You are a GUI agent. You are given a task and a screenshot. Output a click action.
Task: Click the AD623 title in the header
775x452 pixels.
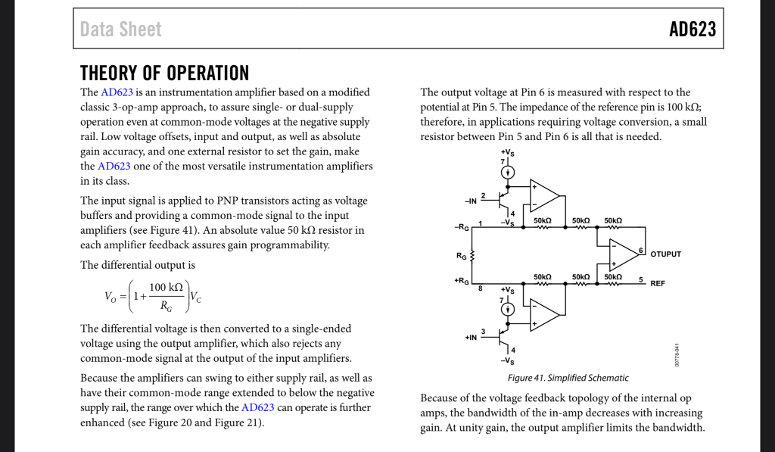click(x=692, y=30)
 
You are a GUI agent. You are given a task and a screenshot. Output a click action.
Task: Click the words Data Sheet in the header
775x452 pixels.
click(x=121, y=30)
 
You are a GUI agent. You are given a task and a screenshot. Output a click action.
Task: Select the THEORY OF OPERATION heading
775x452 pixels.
click(x=164, y=73)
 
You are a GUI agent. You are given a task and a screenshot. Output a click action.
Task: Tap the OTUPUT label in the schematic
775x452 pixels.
click(x=665, y=254)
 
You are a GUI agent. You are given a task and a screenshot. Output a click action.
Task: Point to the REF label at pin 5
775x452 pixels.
click(x=658, y=283)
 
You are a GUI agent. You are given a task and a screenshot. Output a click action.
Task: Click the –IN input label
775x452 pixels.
click(x=470, y=201)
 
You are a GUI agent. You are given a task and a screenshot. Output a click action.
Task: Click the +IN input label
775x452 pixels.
click(x=470, y=337)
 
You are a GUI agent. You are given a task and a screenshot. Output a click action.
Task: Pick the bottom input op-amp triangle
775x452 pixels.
click(x=543, y=314)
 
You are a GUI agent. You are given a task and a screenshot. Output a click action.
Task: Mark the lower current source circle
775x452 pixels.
click(x=509, y=309)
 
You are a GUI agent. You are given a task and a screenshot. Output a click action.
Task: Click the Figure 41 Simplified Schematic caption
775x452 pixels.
click(x=568, y=378)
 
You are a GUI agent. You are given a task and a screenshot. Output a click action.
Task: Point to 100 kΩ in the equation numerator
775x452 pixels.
click(x=166, y=287)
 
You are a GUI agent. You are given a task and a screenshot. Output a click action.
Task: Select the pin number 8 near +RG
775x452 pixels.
click(x=480, y=288)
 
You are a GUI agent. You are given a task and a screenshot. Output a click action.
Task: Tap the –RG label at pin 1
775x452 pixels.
click(x=461, y=226)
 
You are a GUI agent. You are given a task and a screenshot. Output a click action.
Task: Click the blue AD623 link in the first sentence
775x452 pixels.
click(x=116, y=92)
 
